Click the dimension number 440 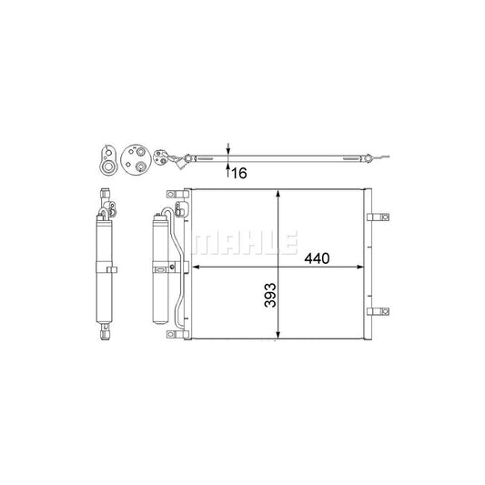317,258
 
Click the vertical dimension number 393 270,295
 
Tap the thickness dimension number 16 239,173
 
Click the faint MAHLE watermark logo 245,243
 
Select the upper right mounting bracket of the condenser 378,217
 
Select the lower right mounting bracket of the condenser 378,311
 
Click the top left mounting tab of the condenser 177,194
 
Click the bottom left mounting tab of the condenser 177,334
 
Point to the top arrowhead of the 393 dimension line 278,194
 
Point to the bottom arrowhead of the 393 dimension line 278,334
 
